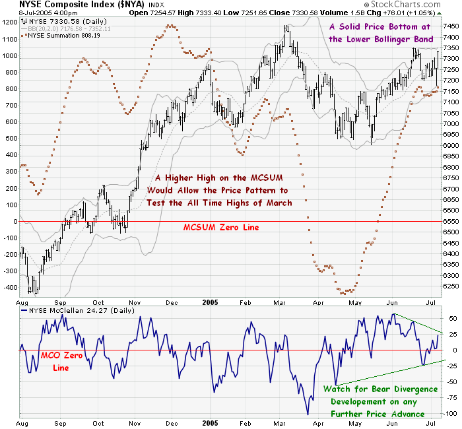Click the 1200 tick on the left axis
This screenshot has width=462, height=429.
coord(10,22)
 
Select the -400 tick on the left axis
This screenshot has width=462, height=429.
coord(10,288)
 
